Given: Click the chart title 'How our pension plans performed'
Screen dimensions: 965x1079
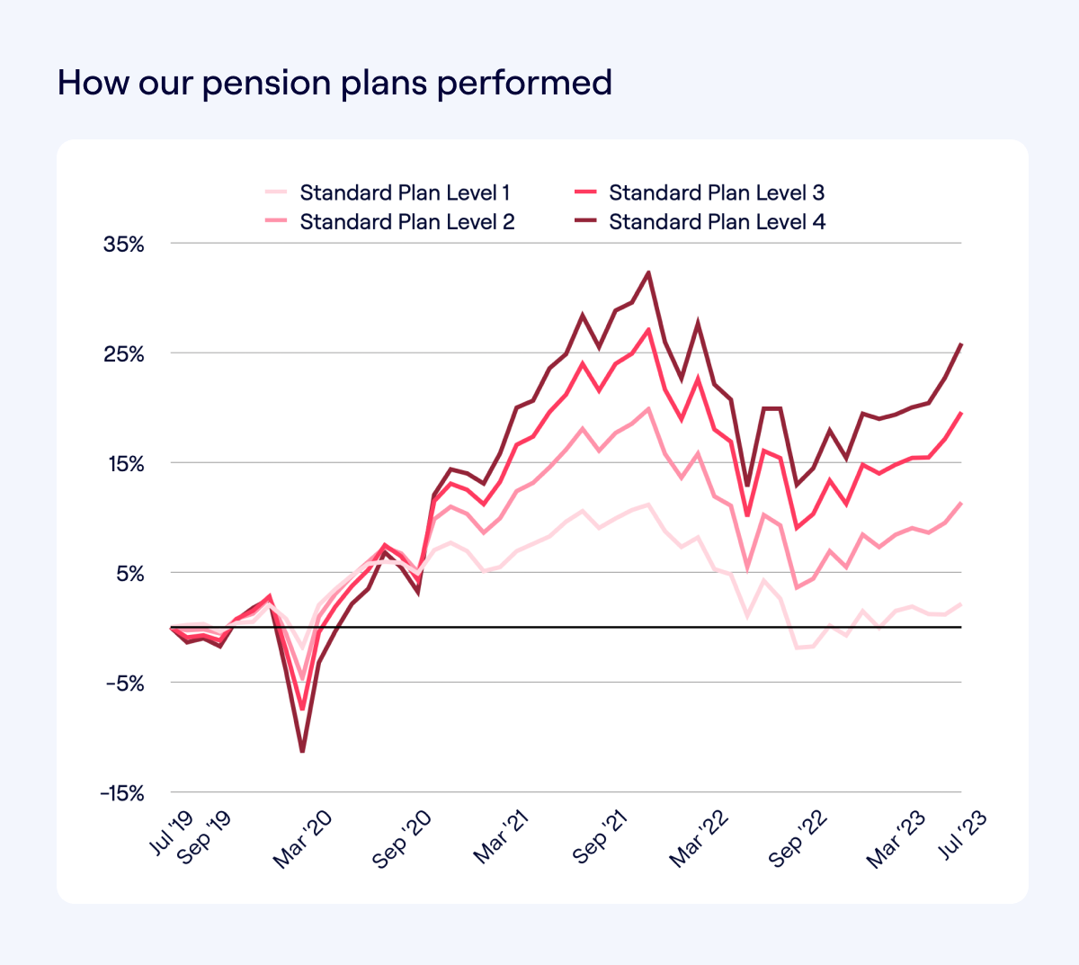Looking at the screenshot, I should point(334,83).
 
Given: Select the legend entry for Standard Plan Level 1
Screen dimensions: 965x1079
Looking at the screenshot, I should point(405,192).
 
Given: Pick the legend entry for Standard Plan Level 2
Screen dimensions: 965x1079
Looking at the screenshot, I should point(406,222).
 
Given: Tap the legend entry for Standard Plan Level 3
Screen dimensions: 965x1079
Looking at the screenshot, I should point(716,192).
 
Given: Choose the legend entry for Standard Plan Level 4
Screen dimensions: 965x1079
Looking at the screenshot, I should point(717,222).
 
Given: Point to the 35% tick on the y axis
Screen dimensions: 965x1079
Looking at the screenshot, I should point(124,244).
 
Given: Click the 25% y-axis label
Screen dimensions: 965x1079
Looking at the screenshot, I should point(124,354).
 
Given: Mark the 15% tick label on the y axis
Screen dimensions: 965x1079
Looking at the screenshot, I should point(124,464).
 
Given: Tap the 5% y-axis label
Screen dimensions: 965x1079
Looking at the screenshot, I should point(129,574).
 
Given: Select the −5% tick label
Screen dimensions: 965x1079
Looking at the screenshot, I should point(123,684).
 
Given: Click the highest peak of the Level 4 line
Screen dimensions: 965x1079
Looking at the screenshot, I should point(648,273).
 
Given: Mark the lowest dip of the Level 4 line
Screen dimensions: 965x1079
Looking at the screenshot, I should point(302,751).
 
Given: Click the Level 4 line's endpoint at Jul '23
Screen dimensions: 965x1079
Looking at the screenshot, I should point(961,344).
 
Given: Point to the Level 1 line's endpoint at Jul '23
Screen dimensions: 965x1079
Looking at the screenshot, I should point(961,603).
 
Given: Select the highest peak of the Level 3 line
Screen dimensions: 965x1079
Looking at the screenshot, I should point(648,330).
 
